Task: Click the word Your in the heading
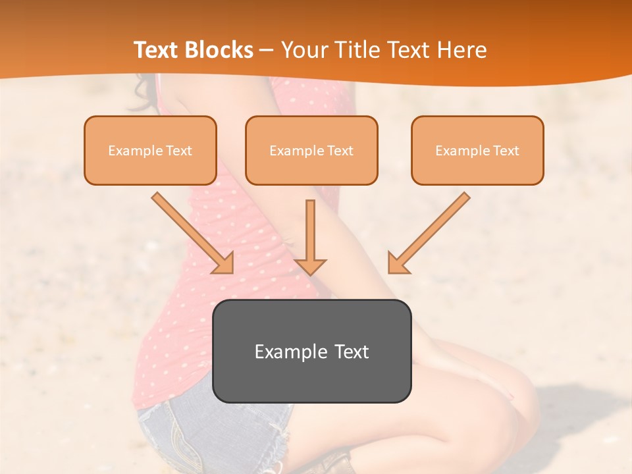coord(305,50)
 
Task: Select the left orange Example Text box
coord(150,150)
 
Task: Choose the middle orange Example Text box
coord(311,150)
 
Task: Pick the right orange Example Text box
coord(477,150)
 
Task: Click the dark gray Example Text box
coord(311,351)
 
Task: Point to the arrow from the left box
coord(191,230)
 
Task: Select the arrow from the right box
coord(431,230)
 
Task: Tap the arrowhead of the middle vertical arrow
coord(310,265)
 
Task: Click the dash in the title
coord(267,51)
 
